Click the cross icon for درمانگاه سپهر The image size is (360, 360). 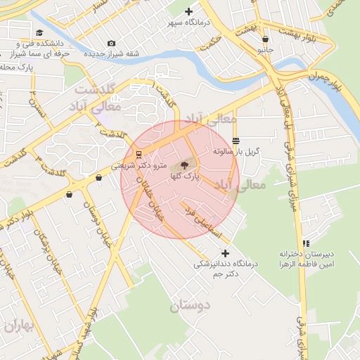coord(188,11)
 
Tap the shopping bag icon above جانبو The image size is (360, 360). coord(265,39)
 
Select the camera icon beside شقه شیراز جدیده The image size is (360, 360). coord(111,44)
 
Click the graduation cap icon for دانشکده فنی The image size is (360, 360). coord(39,32)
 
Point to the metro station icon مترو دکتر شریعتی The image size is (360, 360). coord(139,154)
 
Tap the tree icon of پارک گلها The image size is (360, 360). coord(184,166)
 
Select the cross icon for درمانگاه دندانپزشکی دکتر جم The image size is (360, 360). coord(225,253)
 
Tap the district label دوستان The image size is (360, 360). coord(191,306)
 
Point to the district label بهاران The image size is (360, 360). coord(18,326)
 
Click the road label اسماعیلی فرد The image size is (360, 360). coord(202,219)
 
